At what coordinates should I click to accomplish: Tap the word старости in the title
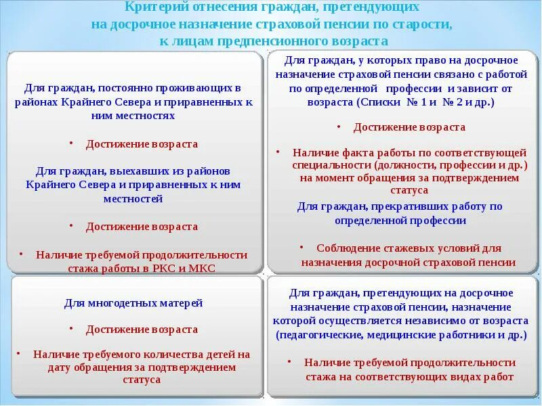(x=424, y=24)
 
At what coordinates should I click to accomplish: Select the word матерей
(x=182, y=303)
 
